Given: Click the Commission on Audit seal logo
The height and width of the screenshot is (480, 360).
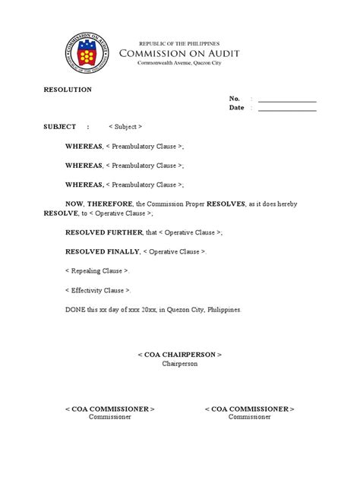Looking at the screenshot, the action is coord(85,54).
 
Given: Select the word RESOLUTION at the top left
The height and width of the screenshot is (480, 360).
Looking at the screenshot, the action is coord(67,90).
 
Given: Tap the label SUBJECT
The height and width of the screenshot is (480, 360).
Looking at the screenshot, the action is coord(59,127).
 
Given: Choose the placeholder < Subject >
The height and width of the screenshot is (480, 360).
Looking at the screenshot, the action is coord(125,127).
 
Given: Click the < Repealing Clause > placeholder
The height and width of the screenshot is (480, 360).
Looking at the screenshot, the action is coord(97,271).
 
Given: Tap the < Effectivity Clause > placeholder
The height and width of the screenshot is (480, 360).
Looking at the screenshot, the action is coord(98,290).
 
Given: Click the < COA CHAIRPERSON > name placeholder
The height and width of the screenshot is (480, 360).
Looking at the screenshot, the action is coord(179,355).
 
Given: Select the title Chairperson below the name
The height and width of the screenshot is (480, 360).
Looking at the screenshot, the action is coord(179,364).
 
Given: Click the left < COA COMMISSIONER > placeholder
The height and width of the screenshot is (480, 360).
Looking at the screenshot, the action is coord(110,409).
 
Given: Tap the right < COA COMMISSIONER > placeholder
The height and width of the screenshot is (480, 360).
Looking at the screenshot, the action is coord(250,409).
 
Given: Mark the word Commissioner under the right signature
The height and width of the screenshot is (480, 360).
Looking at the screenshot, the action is coord(250,418).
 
